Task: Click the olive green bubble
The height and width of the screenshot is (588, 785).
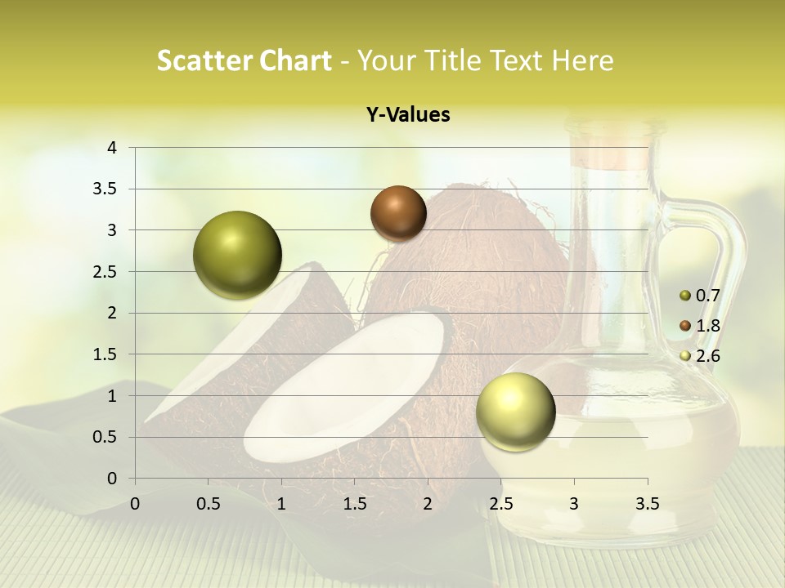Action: coord(237,255)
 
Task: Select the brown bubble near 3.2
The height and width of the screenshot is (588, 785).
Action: coord(398,213)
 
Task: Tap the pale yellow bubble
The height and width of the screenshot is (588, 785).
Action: coord(515,411)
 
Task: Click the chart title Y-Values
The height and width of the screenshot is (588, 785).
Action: coord(408,115)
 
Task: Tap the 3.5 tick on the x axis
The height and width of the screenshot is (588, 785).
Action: coord(647,504)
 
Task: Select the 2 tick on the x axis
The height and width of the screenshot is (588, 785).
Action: coord(428,504)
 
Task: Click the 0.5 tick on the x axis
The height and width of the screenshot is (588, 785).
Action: coord(209,504)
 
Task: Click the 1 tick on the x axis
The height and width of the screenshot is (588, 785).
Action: coord(281,504)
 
